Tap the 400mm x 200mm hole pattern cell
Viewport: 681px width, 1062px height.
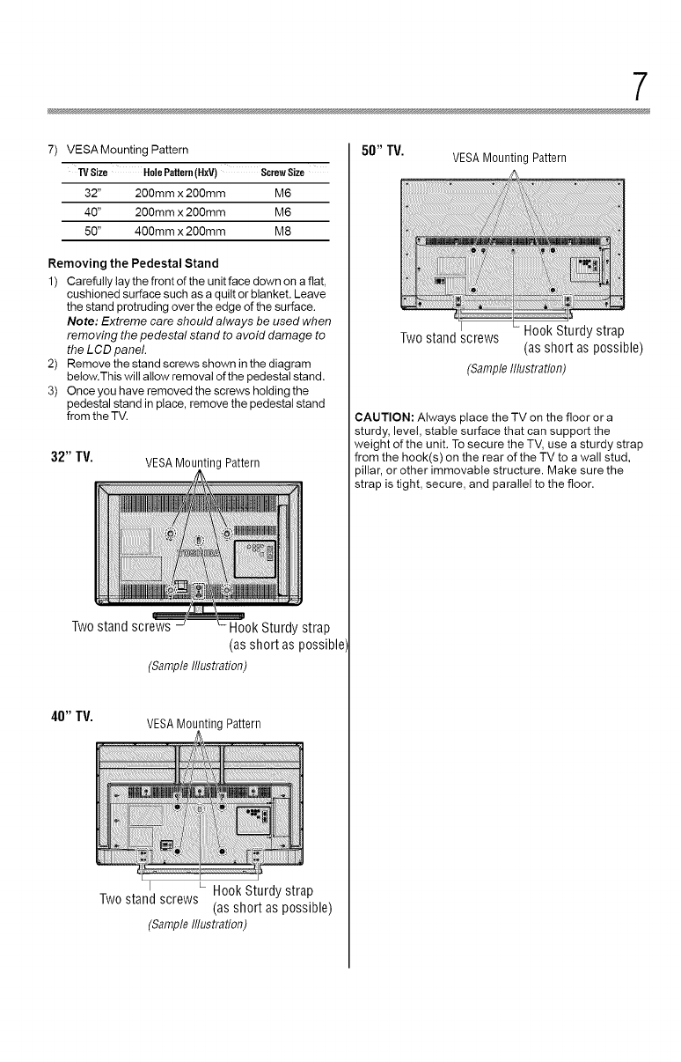(182, 231)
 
